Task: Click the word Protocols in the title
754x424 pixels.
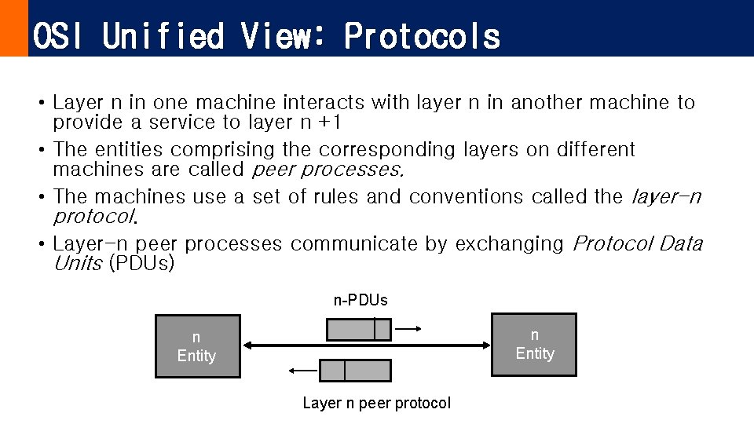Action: [x=422, y=36]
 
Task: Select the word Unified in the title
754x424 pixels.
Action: [x=163, y=36]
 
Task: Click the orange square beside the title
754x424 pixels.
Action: [x=13, y=28]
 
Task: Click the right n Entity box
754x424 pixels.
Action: [x=534, y=345]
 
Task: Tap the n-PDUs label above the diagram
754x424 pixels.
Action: [x=361, y=300]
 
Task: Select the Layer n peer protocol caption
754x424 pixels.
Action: [x=376, y=403]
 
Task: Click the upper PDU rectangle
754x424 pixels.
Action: [x=358, y=329]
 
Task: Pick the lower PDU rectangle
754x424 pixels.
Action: [x=356, y=370]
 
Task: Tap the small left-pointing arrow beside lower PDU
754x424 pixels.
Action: [x=302, y=370]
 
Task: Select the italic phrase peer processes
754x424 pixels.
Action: [x=328, y=170]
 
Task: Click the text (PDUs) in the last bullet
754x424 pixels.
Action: [x=141, y=264]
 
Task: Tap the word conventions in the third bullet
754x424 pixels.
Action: [x=466, y=196]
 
